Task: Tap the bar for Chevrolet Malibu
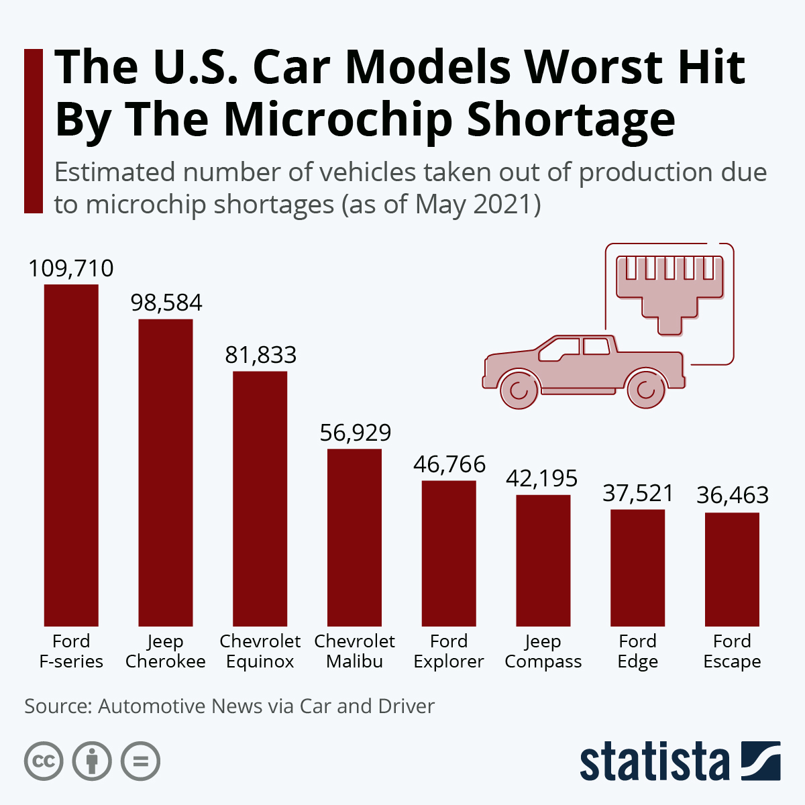tap(354, 537)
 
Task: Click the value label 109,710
tap(71, 268)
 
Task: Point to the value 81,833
tap(260, 355)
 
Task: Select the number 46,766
tap(449, 464)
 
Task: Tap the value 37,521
tap(637, 494)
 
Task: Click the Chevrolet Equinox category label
tap(260, 651)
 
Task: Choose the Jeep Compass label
tap(543, 651)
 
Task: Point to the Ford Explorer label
tap(449, 651)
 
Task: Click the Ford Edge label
tap(637, 651)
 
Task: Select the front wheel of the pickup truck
tap(519, 389)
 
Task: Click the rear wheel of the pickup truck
tap(646, 389)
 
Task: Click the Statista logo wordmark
tap(654, 761)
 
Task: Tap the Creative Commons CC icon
tap(44, 761)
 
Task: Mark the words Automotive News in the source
tap(180, 706)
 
